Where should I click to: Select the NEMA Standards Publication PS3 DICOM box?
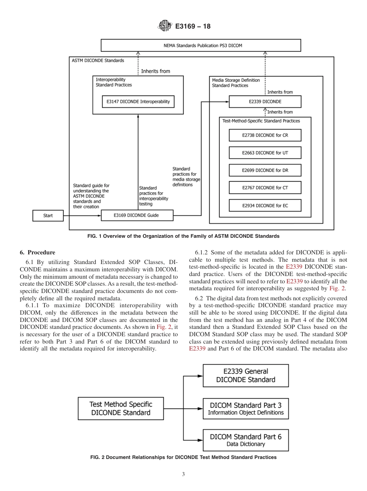coord(200,45)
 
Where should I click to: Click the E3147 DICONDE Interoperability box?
coord(138,102)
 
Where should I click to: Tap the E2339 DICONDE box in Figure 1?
coord(265,102)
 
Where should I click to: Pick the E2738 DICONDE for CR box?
coord(265,135)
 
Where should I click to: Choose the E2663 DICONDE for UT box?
coord(265,152)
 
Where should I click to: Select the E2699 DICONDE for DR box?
coord(265,170)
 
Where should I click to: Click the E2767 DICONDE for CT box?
coord(265,188)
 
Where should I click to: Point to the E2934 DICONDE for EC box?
coord(265,205)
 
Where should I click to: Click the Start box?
coord(48,215)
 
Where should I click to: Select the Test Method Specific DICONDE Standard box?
coord(121,408)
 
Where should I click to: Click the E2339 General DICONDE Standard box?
coord(246,376)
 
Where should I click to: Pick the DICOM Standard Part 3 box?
coord(246,408)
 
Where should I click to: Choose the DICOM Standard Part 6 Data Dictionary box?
coord(246,440)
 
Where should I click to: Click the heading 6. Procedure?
coord(37,252)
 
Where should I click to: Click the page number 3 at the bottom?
coord(183,474)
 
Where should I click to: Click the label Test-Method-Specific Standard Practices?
coord(261,121)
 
